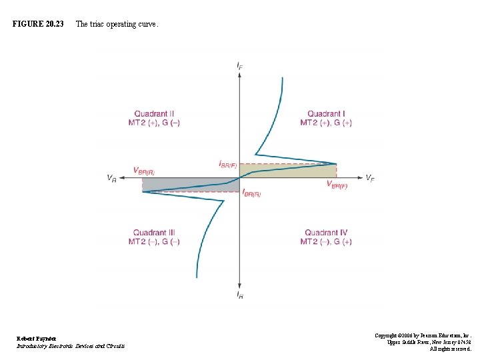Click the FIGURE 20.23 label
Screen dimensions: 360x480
pyautogui.click(x=38, y=24)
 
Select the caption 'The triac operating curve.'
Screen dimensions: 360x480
pyautogui.click(x=117, y=24)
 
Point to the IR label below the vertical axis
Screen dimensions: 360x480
pyautogui.click(x=239, y=294)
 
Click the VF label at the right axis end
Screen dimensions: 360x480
pyautogui.click(x=369, y=177)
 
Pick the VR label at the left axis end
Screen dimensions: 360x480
pyautogui.click(x=111, y=178)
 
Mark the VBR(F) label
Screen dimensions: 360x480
pyautogui.click(x=337, y=185)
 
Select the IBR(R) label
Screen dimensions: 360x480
pyautogui.click(x=251, y=193)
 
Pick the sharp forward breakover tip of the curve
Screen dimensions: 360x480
pyautogui.click(x=335, y=163)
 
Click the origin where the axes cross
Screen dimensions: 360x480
pyautogui.click(x=239, y=177)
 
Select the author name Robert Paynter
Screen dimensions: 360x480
pyautogui.click(x=37, y=339)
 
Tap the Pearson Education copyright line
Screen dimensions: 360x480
pyautogui.click(x=423, y=335)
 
